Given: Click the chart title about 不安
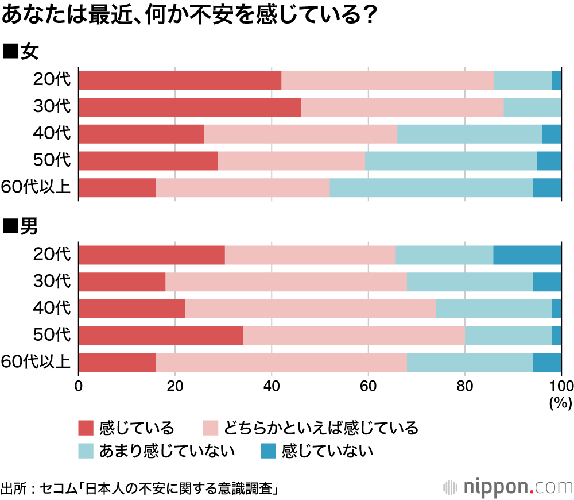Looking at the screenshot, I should [x=189, y=16].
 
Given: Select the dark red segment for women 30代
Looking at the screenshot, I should [x=189, y=107].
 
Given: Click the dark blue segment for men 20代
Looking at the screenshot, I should [x=527, y=255].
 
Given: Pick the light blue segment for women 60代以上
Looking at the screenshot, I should [x=430, y=188].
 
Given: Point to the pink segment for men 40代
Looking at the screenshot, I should [x=310, y=309].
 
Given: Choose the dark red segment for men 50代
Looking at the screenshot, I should [x=161, y=336].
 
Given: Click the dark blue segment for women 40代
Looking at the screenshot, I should [x=552, y=134].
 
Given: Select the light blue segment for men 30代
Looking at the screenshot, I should [x=470, y=282].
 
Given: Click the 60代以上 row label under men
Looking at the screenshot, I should [x=36, y=363].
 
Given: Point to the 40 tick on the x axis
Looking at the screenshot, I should [x=272, y=386].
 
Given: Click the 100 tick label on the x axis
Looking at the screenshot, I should [x=560, y=386].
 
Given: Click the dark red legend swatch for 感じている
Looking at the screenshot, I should [x=86, y=428].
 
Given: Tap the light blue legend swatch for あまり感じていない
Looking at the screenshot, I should [x=86, y=451].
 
